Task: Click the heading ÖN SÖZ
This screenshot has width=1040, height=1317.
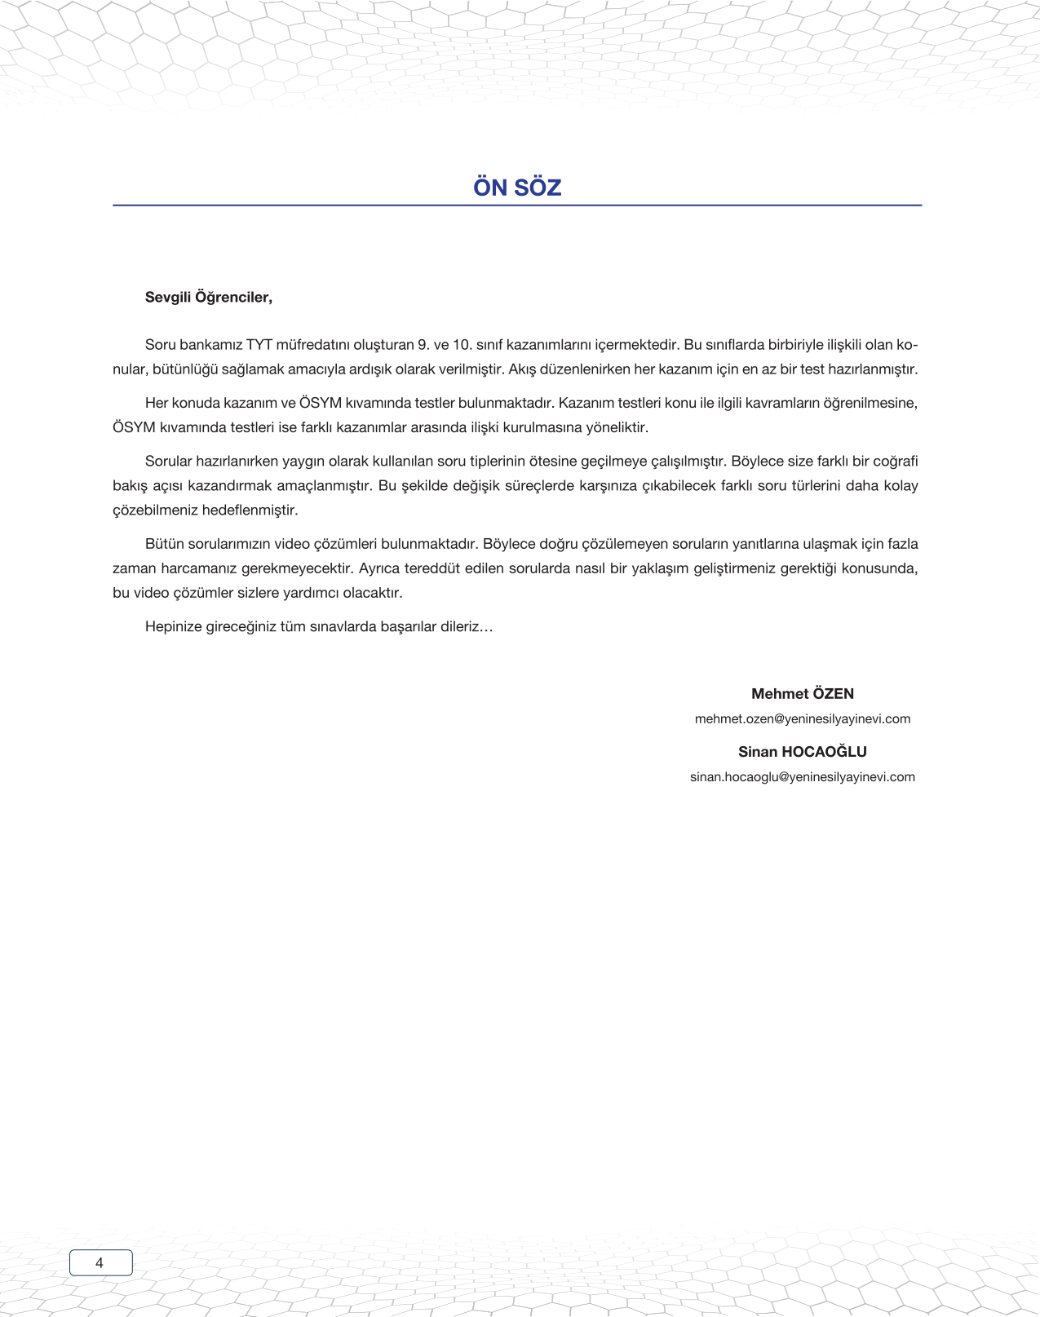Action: [517, 188]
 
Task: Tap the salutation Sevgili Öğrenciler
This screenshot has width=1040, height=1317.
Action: [208, 298]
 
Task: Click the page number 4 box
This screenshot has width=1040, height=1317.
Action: [100, 1262]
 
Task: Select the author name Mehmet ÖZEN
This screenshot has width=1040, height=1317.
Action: [802, 694]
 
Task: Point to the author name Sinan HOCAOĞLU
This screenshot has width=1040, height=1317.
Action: [802, 752]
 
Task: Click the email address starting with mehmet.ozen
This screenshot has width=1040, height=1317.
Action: [802, 719]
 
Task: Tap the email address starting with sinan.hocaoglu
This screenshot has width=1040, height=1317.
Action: [802, 777]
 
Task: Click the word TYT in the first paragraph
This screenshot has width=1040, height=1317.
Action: [259, 345]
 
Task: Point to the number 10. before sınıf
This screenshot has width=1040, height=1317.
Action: [462, 345]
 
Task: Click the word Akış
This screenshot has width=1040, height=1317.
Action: [523, 369]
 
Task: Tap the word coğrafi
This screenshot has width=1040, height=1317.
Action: [895, 462]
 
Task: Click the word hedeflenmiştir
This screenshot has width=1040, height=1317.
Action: [249, 510]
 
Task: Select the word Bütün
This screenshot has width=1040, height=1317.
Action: [164, 544]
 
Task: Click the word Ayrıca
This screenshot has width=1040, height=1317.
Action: [379, 568]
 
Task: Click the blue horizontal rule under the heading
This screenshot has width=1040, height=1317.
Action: [517, 206]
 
